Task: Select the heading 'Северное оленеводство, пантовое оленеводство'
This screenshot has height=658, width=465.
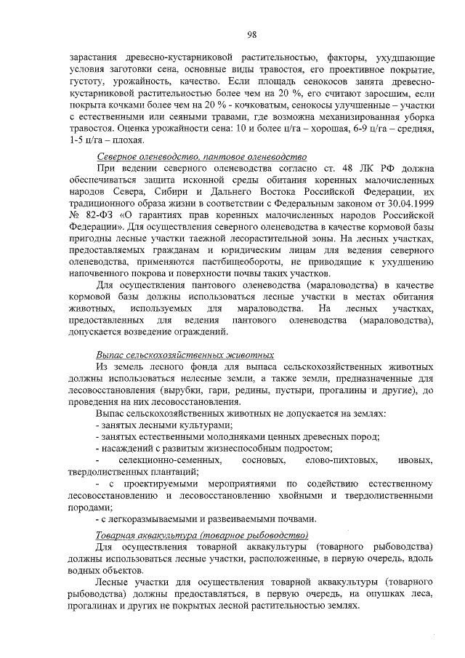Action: click(202, 157)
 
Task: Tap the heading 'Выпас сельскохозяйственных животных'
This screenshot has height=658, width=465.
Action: click(185, 354)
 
